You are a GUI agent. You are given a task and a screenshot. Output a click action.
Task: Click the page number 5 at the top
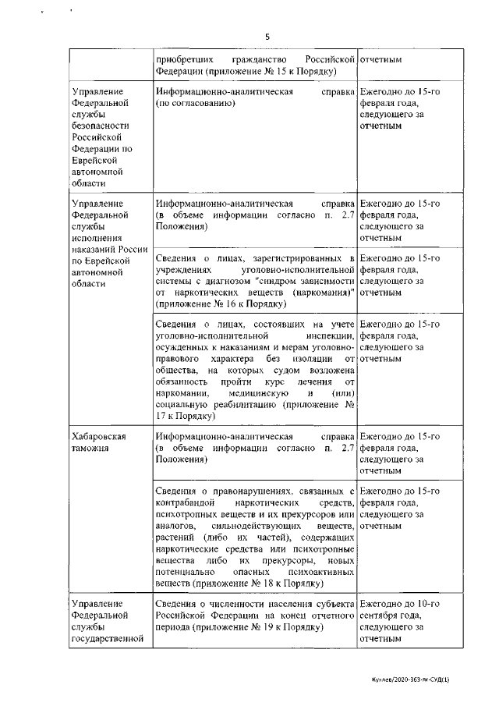(x=267, y=37)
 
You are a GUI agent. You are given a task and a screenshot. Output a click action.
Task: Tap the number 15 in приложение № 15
(x=292, y=72)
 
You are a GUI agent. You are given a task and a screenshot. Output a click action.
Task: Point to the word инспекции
(x=331, y=335)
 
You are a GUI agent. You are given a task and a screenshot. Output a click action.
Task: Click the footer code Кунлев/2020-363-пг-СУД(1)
(x=411, y=680)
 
